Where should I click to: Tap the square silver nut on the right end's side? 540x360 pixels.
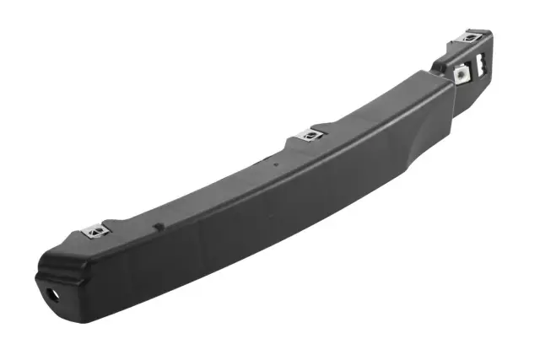(462, 73)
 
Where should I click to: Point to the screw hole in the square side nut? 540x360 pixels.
(462, 73)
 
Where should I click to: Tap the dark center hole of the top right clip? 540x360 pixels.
(472, 36)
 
